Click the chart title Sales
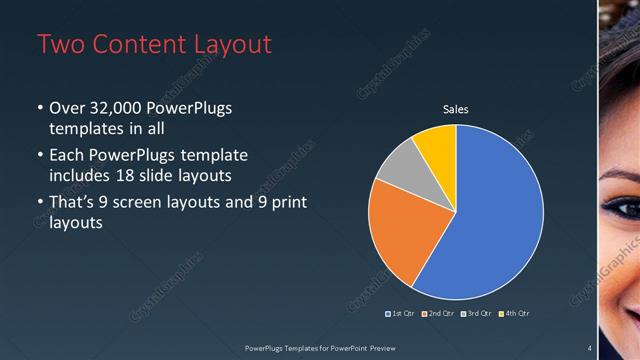456,110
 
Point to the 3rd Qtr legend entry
476,314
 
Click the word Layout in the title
229,44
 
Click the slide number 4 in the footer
589,347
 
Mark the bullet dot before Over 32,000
40,108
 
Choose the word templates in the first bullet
84,129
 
